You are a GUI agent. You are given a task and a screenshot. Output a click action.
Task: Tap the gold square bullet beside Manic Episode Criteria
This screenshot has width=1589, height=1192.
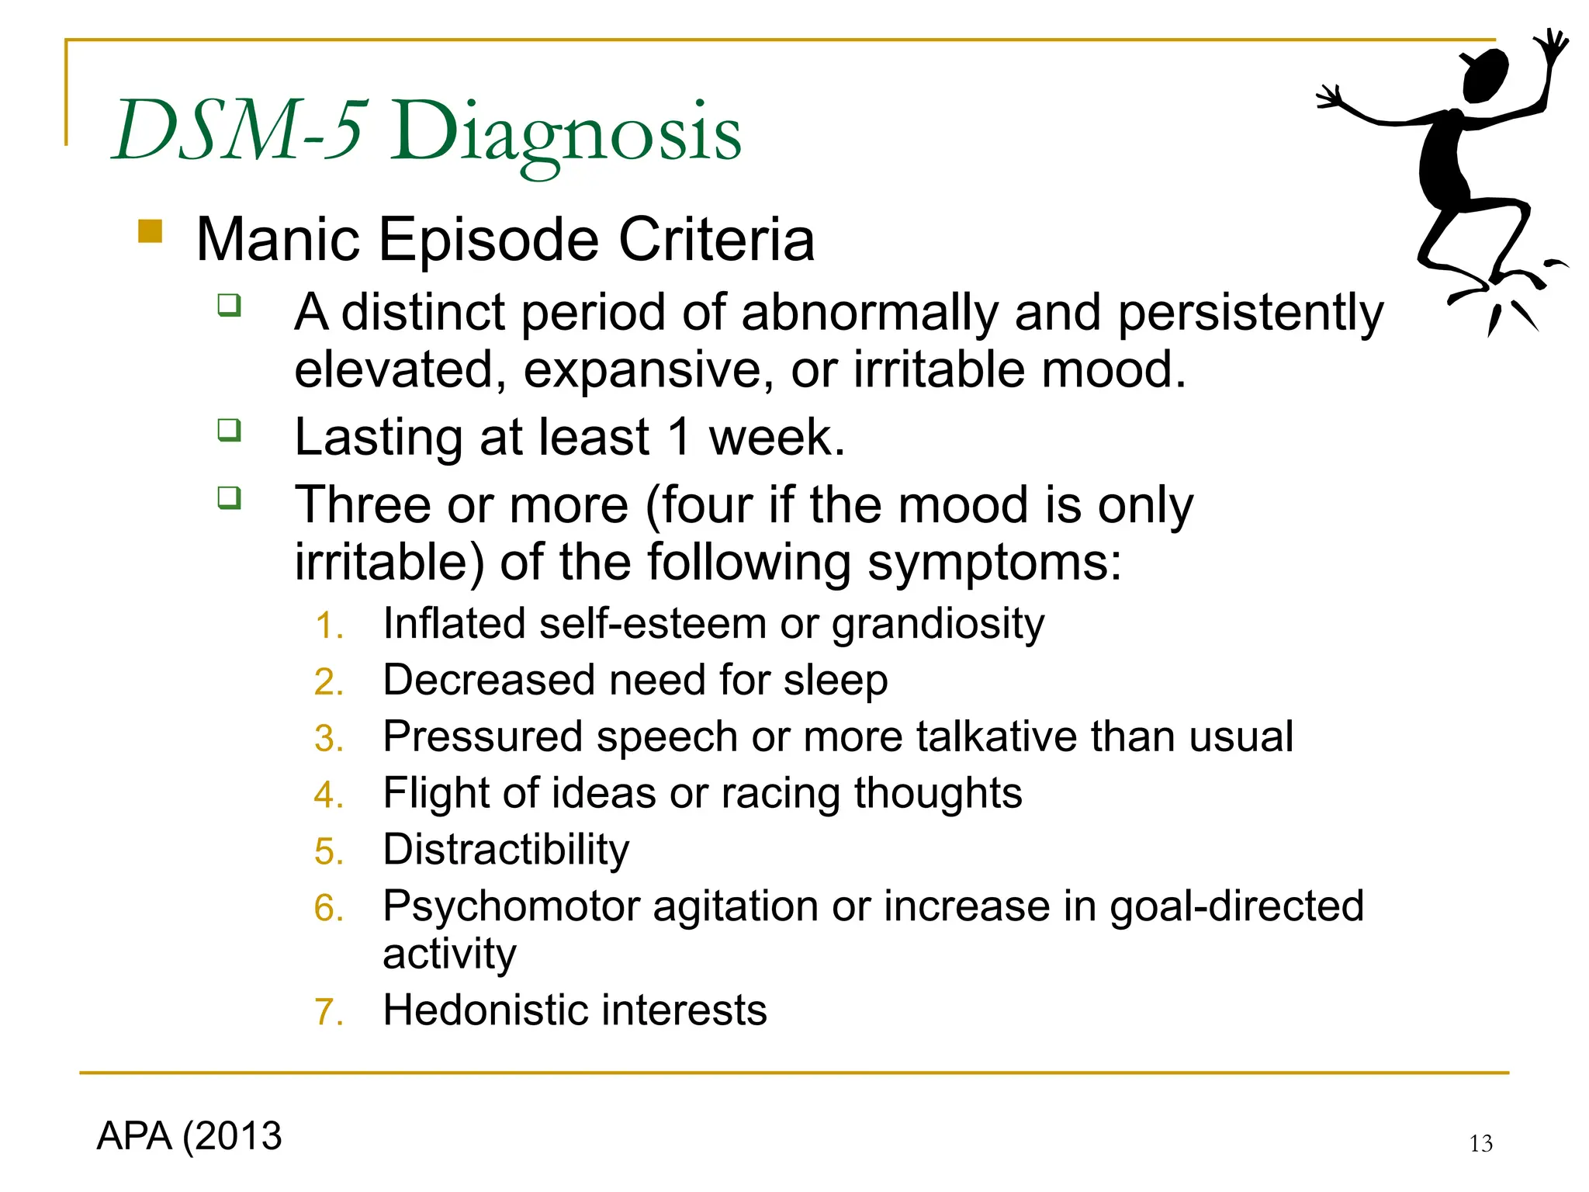click(150, 231)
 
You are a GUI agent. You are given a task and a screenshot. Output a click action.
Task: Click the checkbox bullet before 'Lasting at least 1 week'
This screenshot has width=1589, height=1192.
click(229, 429)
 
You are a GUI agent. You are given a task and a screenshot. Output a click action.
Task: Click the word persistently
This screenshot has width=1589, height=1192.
click(1250, 314)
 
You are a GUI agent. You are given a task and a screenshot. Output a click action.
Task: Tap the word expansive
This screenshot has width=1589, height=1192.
click(648, 369)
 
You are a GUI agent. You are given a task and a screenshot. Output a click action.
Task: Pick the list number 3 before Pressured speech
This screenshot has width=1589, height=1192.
click(327, 739)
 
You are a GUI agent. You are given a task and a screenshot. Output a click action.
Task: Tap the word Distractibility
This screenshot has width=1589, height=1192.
click(506, 850)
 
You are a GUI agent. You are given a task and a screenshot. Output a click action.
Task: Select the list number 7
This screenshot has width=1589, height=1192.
click(327, 1013)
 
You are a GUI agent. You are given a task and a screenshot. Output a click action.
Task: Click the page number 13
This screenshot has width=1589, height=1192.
click(1480, 1143)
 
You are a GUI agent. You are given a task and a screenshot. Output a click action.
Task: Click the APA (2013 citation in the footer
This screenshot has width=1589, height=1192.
click(189, 1136)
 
